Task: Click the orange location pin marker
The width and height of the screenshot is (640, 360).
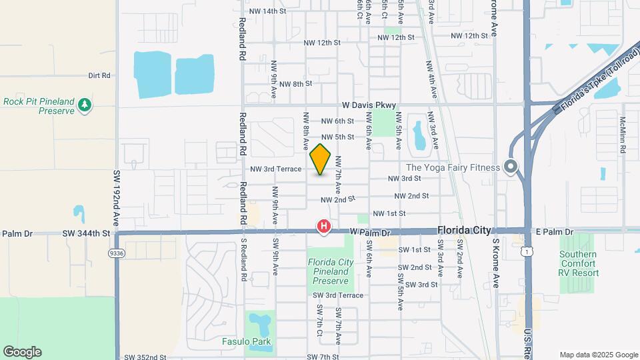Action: click(x=321, y=159)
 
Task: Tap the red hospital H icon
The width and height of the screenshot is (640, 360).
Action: click(x=324, y=227)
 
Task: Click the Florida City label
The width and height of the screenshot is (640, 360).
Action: click(x=464, y=230)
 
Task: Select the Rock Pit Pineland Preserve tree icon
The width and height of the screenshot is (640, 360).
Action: click(x=85, y=105)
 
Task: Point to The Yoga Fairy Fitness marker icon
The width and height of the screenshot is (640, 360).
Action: click(x=511, y=167)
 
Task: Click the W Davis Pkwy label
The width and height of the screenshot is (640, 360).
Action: click(x=369, y=105)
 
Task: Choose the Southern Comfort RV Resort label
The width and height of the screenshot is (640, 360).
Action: click(x=579, y=263)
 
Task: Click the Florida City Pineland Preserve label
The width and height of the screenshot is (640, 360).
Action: click(x=331, y=271)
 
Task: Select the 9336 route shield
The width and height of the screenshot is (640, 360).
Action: click(x=117, y=253)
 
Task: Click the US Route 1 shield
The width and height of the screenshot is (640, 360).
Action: click(x=527, y=250)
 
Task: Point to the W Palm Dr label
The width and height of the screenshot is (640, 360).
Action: click(x=369, y=232)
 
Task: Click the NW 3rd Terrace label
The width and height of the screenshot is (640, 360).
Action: click(x=276, y=169)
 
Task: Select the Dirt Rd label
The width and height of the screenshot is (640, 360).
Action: click(x=99, y=76)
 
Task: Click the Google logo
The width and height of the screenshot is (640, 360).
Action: click(x=22, y=352)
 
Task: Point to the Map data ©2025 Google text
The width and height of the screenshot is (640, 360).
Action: click(x=599, y=355)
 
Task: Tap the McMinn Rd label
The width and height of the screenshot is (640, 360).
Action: click(x=623, y=134)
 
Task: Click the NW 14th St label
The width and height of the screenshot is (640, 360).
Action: click(x=267, y=11)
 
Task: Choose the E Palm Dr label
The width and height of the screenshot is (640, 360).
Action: click(x=555, y=232)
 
